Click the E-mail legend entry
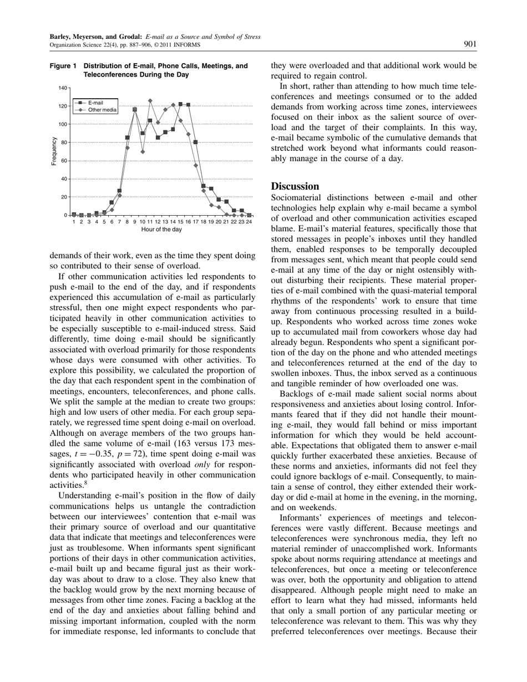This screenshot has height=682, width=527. [x=95, y=103]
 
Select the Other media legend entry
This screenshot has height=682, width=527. [x=102, y=110]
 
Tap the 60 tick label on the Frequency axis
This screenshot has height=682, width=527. [x=64, y=161]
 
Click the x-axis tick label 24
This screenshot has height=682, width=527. [x=249, y=222]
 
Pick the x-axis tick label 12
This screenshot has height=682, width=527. [x=158, y=222]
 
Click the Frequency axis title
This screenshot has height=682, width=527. [x=54, y=151]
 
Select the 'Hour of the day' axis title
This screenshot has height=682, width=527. [x=161, y=230]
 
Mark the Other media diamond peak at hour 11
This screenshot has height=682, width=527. [x=150, y=101]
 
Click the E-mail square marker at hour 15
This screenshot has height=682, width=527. [x=180, y=104]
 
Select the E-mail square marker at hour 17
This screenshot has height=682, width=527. [x=196, y=142]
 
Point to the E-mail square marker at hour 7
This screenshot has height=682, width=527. [x=119, y=191]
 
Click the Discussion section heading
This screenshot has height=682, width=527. [x=295, y=186]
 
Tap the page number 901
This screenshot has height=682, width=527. [x=470, y=44]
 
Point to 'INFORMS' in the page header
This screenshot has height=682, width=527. [x=189, y=45]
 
